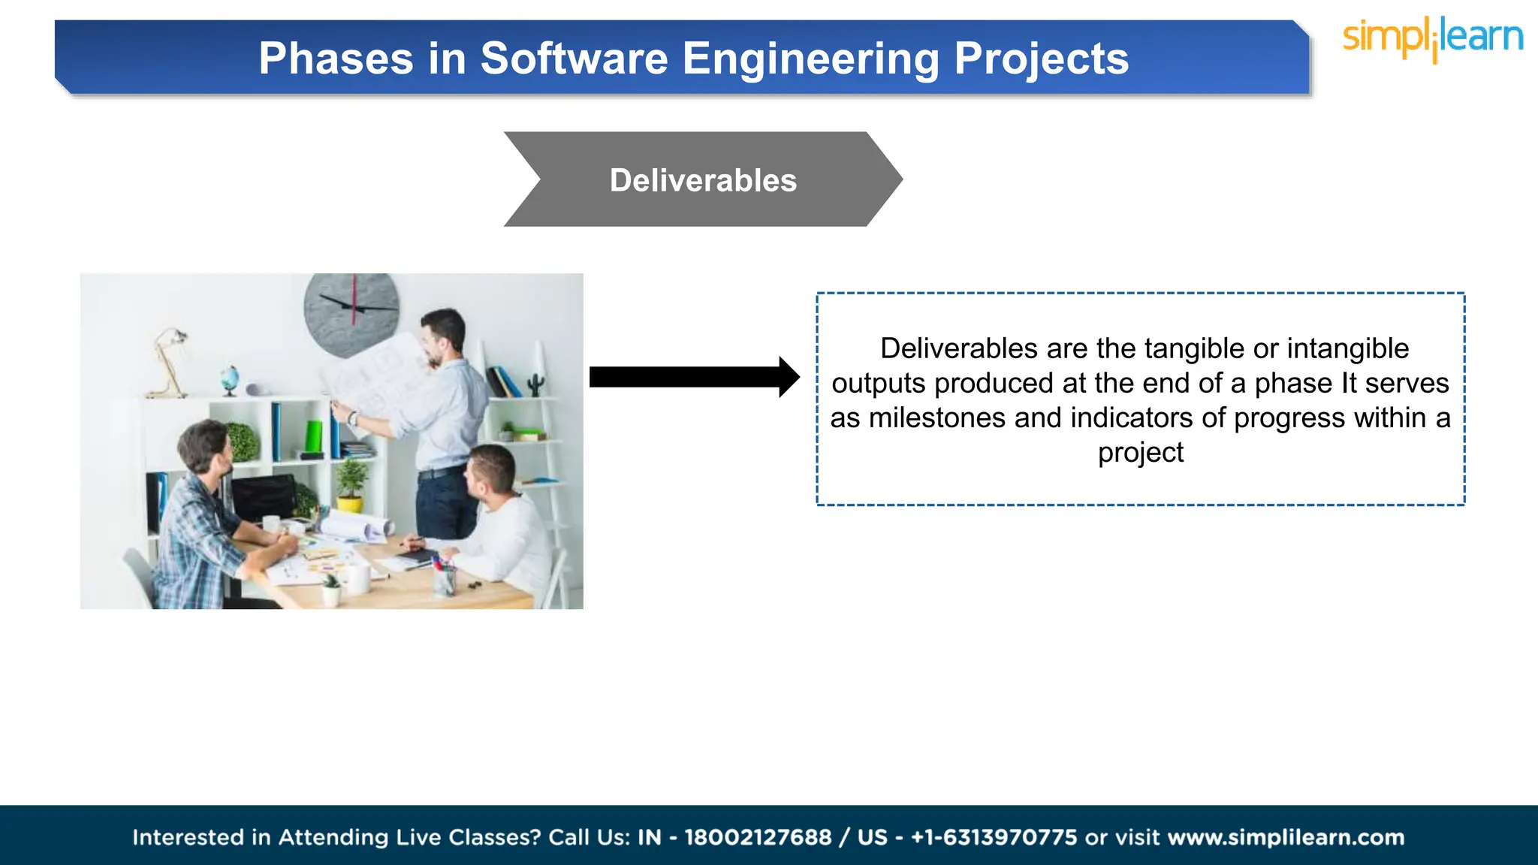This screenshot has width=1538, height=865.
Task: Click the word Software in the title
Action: [574, 59]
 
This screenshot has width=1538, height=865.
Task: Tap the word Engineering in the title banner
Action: [810, 59]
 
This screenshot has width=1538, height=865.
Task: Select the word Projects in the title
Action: [1041, 59]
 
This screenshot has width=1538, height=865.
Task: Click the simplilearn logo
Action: [1432, 38]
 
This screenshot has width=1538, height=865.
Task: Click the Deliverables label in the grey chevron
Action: [703, 180]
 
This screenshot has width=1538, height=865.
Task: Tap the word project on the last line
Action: [1140, 452]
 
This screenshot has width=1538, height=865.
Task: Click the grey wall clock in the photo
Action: [351, 314]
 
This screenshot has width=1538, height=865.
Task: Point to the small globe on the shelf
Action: [231, 378]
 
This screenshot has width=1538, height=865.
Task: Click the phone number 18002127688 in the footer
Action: [758, 837]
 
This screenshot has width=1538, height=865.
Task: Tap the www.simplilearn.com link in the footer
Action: [1286, 837]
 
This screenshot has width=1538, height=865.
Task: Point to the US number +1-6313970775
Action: [994, 837]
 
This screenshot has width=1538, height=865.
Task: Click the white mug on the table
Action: [358, 579]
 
